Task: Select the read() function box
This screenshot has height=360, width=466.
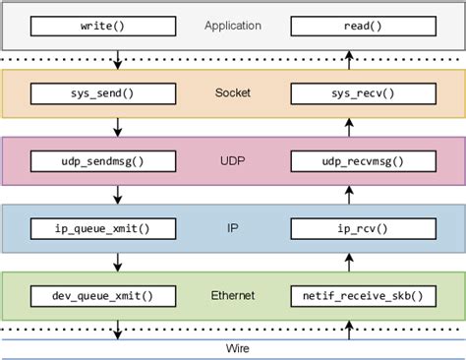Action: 349,27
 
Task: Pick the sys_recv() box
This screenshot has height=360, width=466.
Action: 349,93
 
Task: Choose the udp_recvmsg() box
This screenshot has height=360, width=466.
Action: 349,160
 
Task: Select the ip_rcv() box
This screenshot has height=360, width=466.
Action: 349,228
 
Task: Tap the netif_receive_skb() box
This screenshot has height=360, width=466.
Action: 349,295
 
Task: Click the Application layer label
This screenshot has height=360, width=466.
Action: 233,27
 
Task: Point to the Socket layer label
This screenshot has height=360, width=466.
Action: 233,93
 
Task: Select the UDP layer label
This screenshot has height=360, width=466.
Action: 233,160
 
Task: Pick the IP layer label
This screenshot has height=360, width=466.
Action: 233,228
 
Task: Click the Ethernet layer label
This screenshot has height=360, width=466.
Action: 233,295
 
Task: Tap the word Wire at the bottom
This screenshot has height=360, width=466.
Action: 233,348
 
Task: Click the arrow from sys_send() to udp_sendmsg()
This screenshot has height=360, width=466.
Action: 118,127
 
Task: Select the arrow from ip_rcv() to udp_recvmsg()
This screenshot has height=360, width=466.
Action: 349,195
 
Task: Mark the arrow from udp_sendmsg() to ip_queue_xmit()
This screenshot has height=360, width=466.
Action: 118,195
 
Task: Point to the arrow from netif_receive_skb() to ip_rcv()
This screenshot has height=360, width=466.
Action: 349,262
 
